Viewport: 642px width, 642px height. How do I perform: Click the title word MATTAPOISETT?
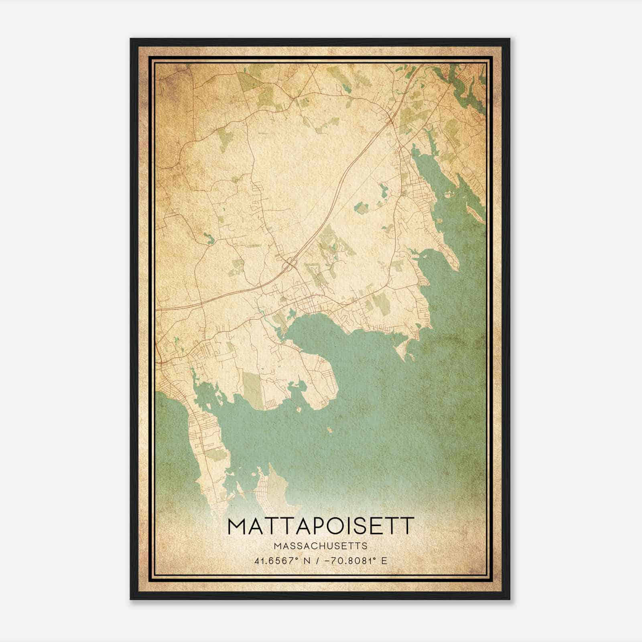(x=320, y=526)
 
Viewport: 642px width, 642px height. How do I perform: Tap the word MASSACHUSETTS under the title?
(x=320, y=546)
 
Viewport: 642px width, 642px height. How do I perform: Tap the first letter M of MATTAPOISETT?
(x=237, y=526)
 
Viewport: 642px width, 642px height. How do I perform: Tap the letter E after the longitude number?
(x=384, y=561)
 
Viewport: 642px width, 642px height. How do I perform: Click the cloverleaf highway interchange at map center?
(x=288, y=264)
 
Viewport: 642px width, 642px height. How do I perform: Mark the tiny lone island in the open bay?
(x=329, y=431)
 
